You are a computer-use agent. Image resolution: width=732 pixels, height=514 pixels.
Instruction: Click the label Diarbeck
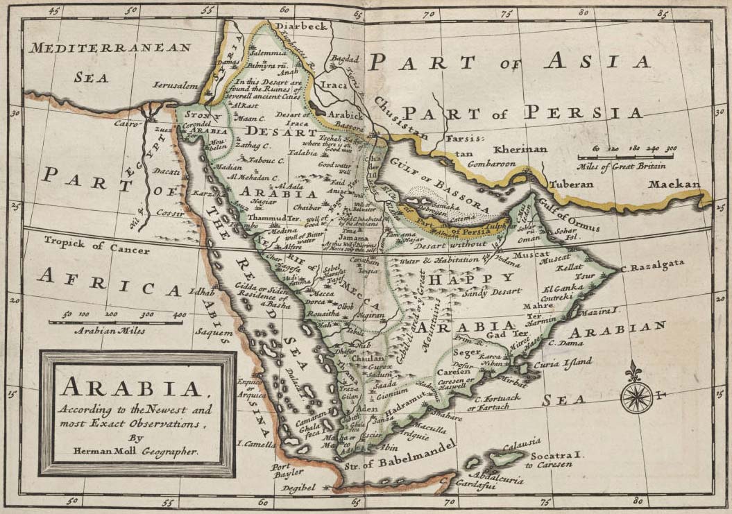click(x=300, y=26)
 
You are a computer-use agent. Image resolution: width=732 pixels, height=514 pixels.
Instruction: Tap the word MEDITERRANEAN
click(x=110, y=48)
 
